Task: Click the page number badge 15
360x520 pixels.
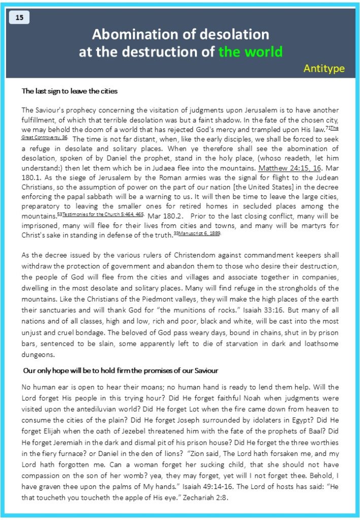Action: click(19, 18)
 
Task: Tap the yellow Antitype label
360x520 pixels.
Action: click(324, 68)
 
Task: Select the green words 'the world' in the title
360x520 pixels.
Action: click(250, 52)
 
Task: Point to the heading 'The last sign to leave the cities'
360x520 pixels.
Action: click(70, 91)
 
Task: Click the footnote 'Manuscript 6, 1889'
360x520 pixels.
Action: click(201, 234)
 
